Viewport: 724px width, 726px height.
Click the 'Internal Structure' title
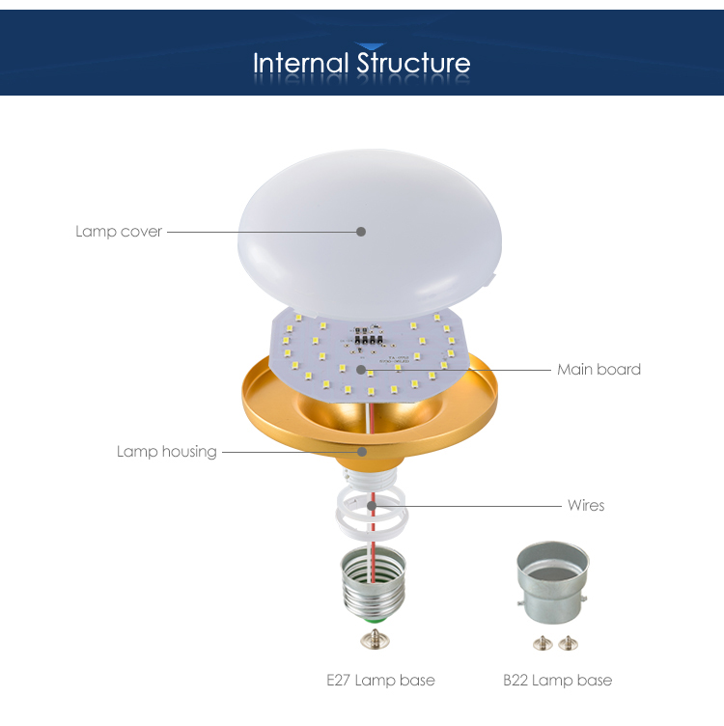[362, 63]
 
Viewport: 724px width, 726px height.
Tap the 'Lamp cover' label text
[119, 232]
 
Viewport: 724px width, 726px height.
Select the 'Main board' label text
[599, 370]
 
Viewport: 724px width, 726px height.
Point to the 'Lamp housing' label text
[167, 452]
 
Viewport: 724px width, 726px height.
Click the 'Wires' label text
[586, 505]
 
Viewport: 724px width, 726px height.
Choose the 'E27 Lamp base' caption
[380, 681]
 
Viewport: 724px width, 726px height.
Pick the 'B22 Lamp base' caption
[557, 681]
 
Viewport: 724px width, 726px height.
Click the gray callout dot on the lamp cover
[361, 232]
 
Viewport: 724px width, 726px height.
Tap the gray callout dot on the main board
[361, 370]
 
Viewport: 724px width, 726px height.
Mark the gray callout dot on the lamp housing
[362, 452]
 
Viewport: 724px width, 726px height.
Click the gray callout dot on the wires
[372, 506]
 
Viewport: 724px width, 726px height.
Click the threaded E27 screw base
[374, 584]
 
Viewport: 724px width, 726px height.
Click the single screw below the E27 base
[375, 639]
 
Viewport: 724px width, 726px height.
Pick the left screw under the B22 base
[543, 643]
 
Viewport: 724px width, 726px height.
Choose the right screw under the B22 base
[568, 643]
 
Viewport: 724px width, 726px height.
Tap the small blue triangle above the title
[370, 45]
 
